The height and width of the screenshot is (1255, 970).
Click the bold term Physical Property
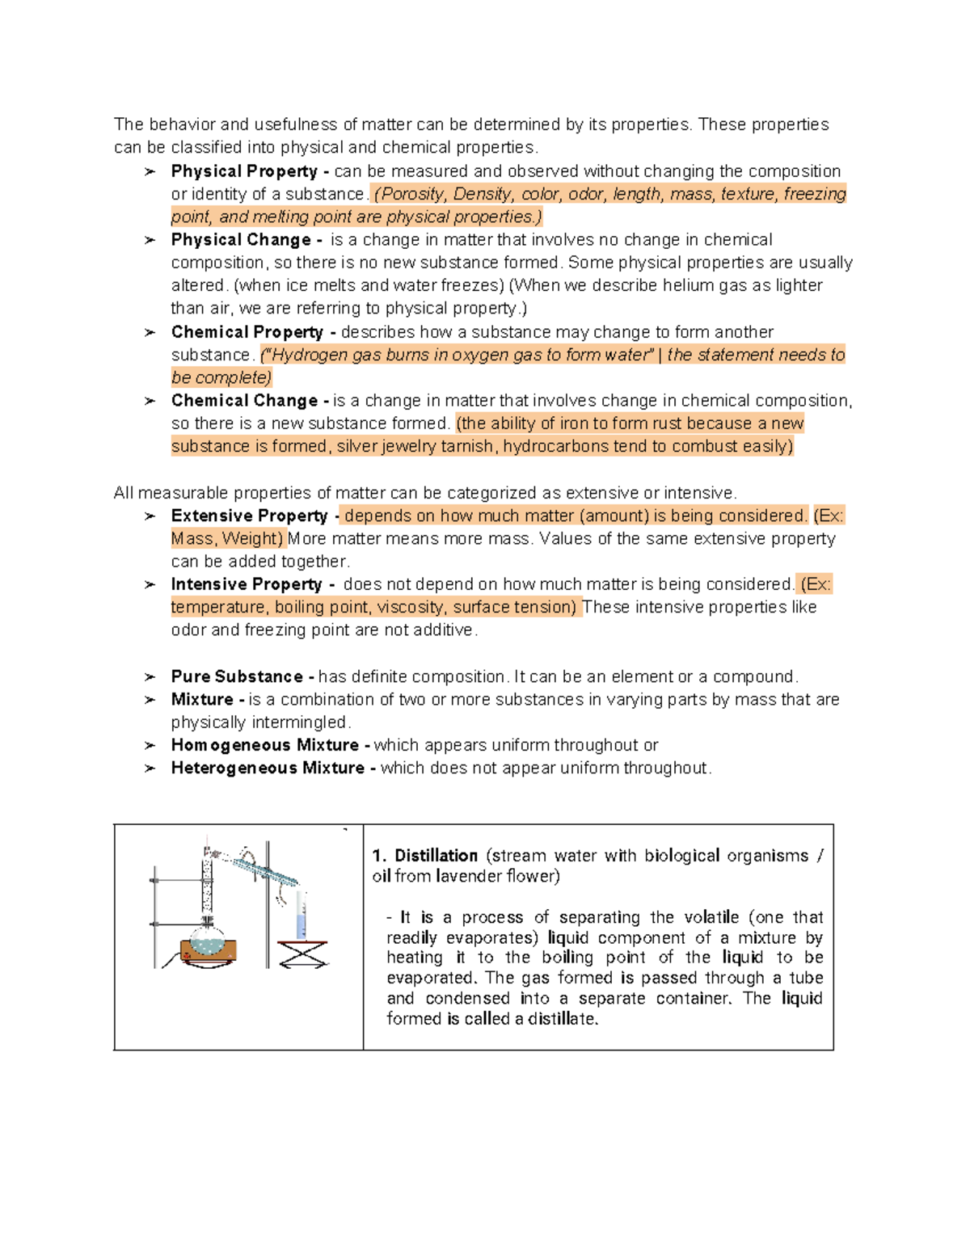[x=244, y=171]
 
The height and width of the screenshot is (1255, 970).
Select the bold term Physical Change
[x=241, y=240]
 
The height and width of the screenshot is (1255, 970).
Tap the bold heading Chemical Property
[x=247, y=332]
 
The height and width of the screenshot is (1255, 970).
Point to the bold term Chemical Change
[x=244, y=401]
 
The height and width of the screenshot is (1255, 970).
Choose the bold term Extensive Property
[x=249, y=516]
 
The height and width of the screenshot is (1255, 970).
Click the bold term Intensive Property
[x=247, y=584]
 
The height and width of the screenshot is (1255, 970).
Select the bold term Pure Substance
[x=237, y=676]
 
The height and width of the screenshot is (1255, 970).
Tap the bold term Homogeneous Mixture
[x=264, y=745]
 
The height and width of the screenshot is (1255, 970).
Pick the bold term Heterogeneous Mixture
[x=268, y=768]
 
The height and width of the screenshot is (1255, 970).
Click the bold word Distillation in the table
[x=436, y=856]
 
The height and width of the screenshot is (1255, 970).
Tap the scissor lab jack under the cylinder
[x=302, y=954]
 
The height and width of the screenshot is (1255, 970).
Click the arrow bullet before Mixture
[x=150, y=700]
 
